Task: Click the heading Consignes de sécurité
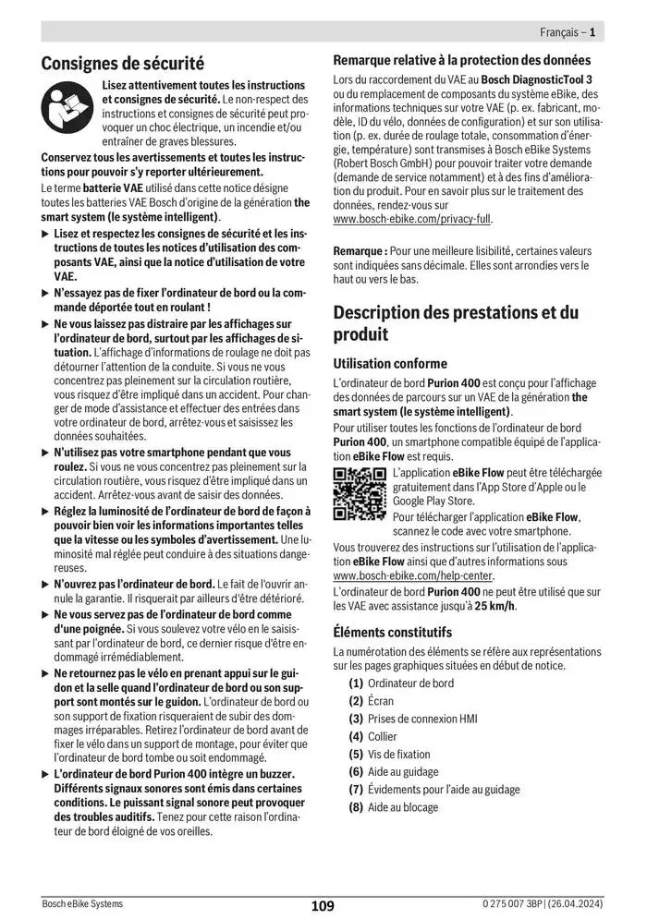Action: pyautogui.click(x=122, y=64)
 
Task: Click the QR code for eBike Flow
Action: pyautogui.click(x=360, y=494)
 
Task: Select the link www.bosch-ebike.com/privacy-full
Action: pyautogui.click(x=412, y=220)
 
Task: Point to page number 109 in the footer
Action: pyautogui.click(x=323, y=906)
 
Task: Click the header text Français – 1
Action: pyautogui.click(x=567, y=32)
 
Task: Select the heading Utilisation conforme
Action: pyautogui.click(x=389, y=364)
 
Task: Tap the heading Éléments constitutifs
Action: pyautogui.click(x=392, y=633)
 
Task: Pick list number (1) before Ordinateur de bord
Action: pyautogui.click(x=356, y=683)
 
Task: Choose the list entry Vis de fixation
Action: pyautogui.click(x=398, y=754)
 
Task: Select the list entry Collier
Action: pyautogui.click(x=382, y=736)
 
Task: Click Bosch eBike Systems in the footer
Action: pyautogui.click(x=81, y=903)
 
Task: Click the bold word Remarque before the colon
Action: pyautogui.click(x=359, y=250)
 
